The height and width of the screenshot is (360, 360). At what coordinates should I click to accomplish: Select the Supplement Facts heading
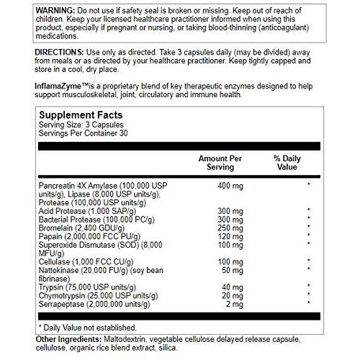pyautogui.click(x=80, y=115)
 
